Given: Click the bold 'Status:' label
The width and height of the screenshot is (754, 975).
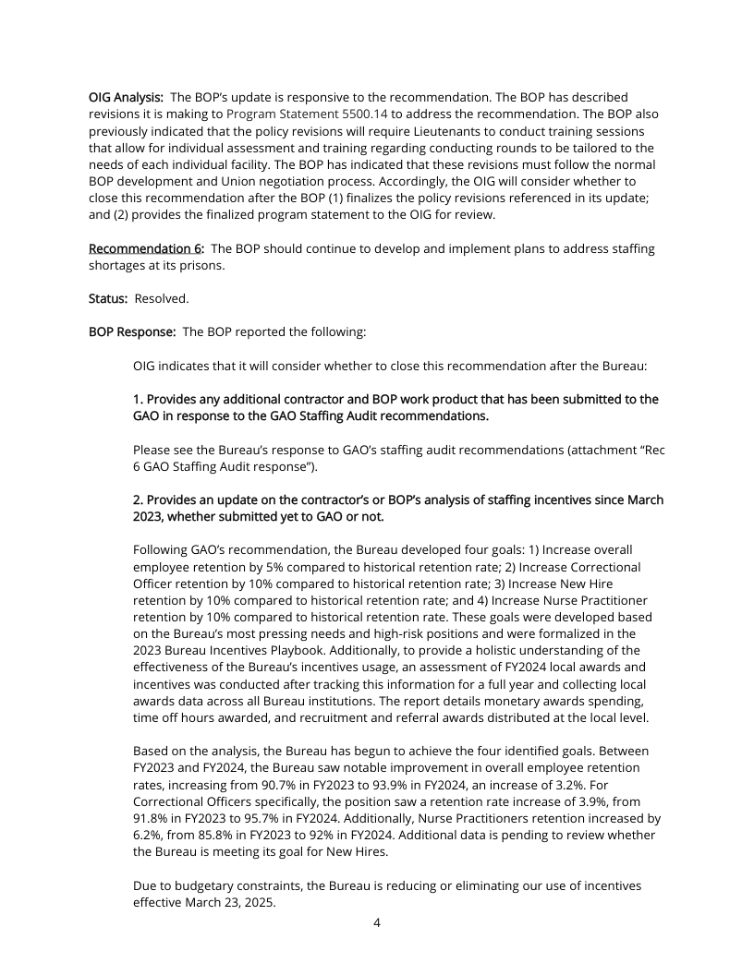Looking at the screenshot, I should [108, 299].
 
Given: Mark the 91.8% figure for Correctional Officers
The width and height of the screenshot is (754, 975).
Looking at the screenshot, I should [153, 818].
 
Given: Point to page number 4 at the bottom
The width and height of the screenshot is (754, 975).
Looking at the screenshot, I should [377, 921].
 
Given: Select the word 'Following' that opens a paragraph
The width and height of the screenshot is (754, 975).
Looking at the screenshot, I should [164, 549].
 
